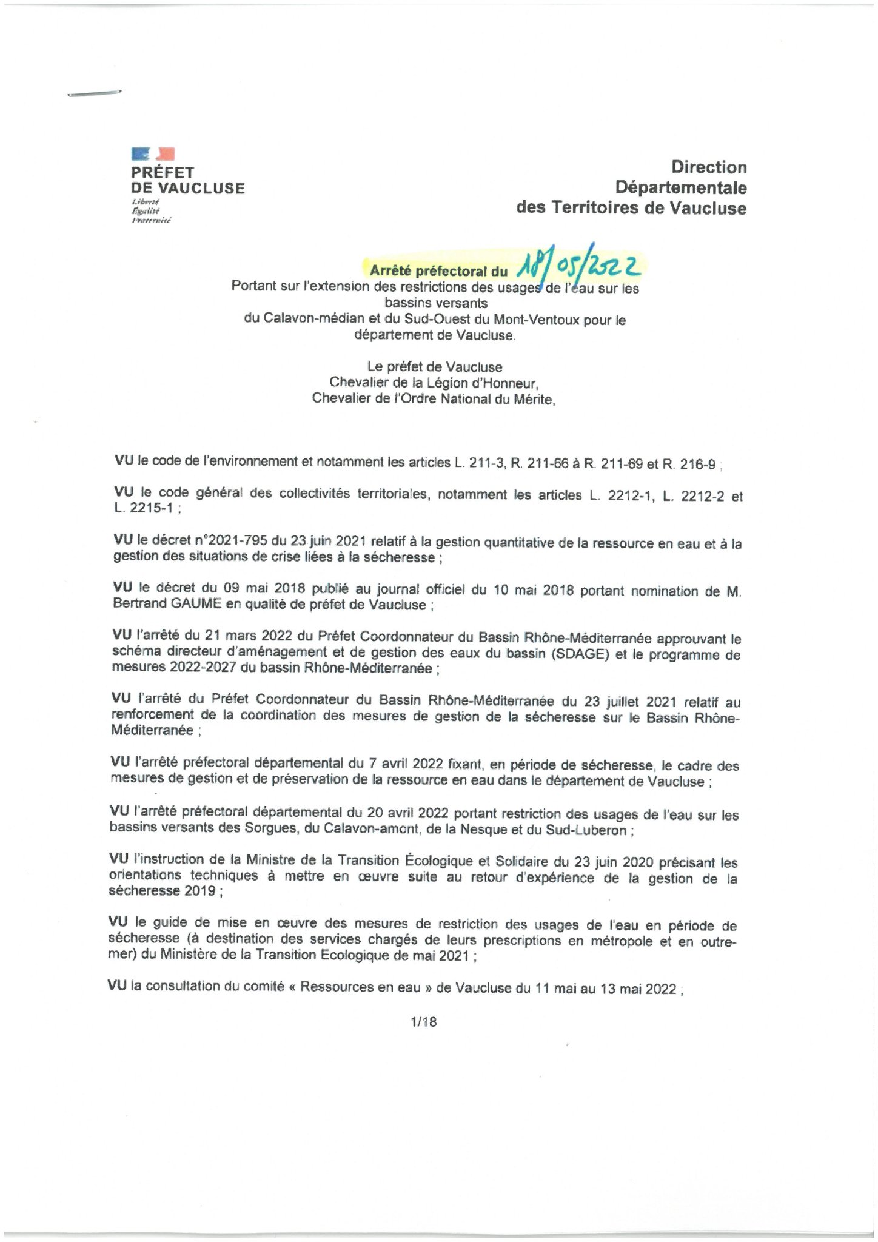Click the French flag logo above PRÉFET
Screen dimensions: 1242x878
click(153, 154)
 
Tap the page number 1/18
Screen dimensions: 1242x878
click(423, 1021)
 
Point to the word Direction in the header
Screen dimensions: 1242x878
click(708, 167)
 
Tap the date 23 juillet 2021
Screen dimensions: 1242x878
click(630, 702)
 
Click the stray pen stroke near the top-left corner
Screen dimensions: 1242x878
click(94, 93)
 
